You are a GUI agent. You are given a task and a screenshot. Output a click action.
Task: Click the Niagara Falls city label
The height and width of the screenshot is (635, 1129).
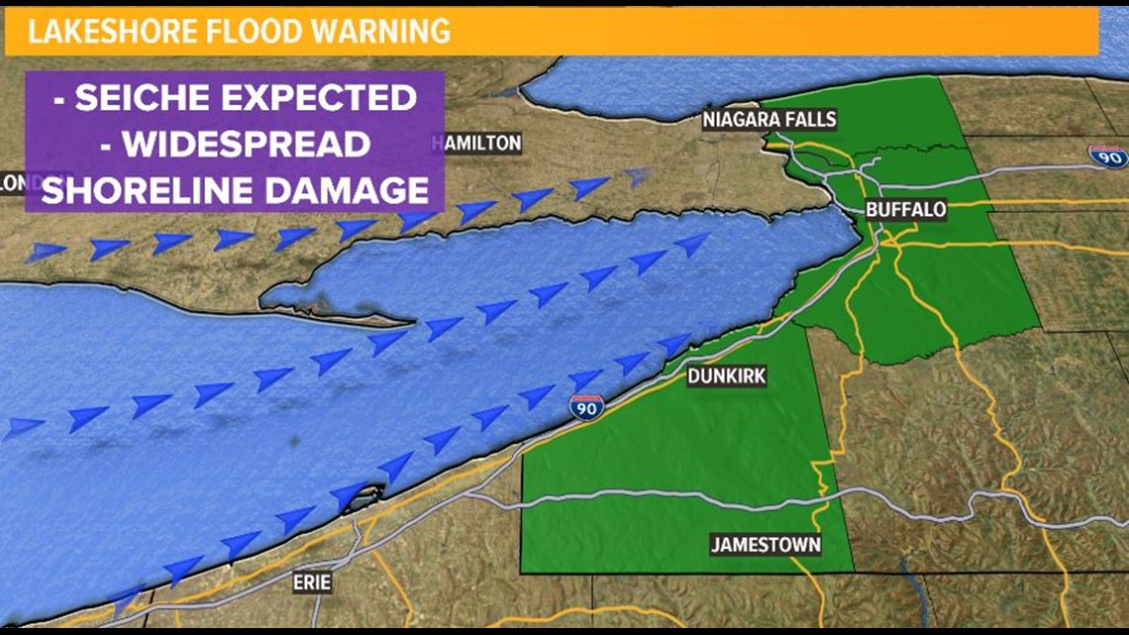point(770,120)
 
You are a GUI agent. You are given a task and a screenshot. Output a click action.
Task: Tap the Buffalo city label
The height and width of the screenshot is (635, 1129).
point(905,210)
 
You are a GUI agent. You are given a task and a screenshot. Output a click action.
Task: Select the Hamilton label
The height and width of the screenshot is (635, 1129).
point(476,143)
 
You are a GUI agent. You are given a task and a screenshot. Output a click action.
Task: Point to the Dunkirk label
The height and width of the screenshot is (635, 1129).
point(727,376)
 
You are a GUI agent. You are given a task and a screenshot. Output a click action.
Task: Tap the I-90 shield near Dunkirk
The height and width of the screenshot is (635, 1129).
point(586,406)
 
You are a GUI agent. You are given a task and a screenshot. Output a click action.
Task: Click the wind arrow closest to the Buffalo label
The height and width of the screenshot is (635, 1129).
point(692,244)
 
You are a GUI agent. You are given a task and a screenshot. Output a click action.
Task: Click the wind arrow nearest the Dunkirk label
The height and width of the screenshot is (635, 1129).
point(674,344)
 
